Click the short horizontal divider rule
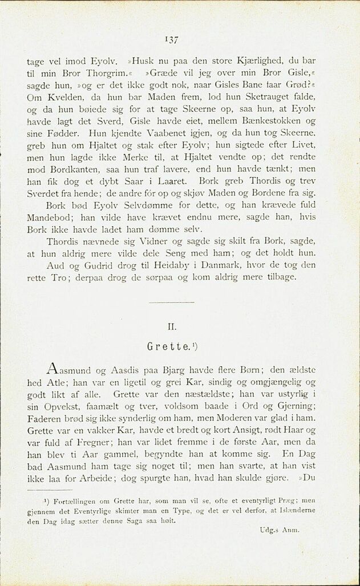tap(171, 302)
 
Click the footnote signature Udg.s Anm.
tap(280, 530)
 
